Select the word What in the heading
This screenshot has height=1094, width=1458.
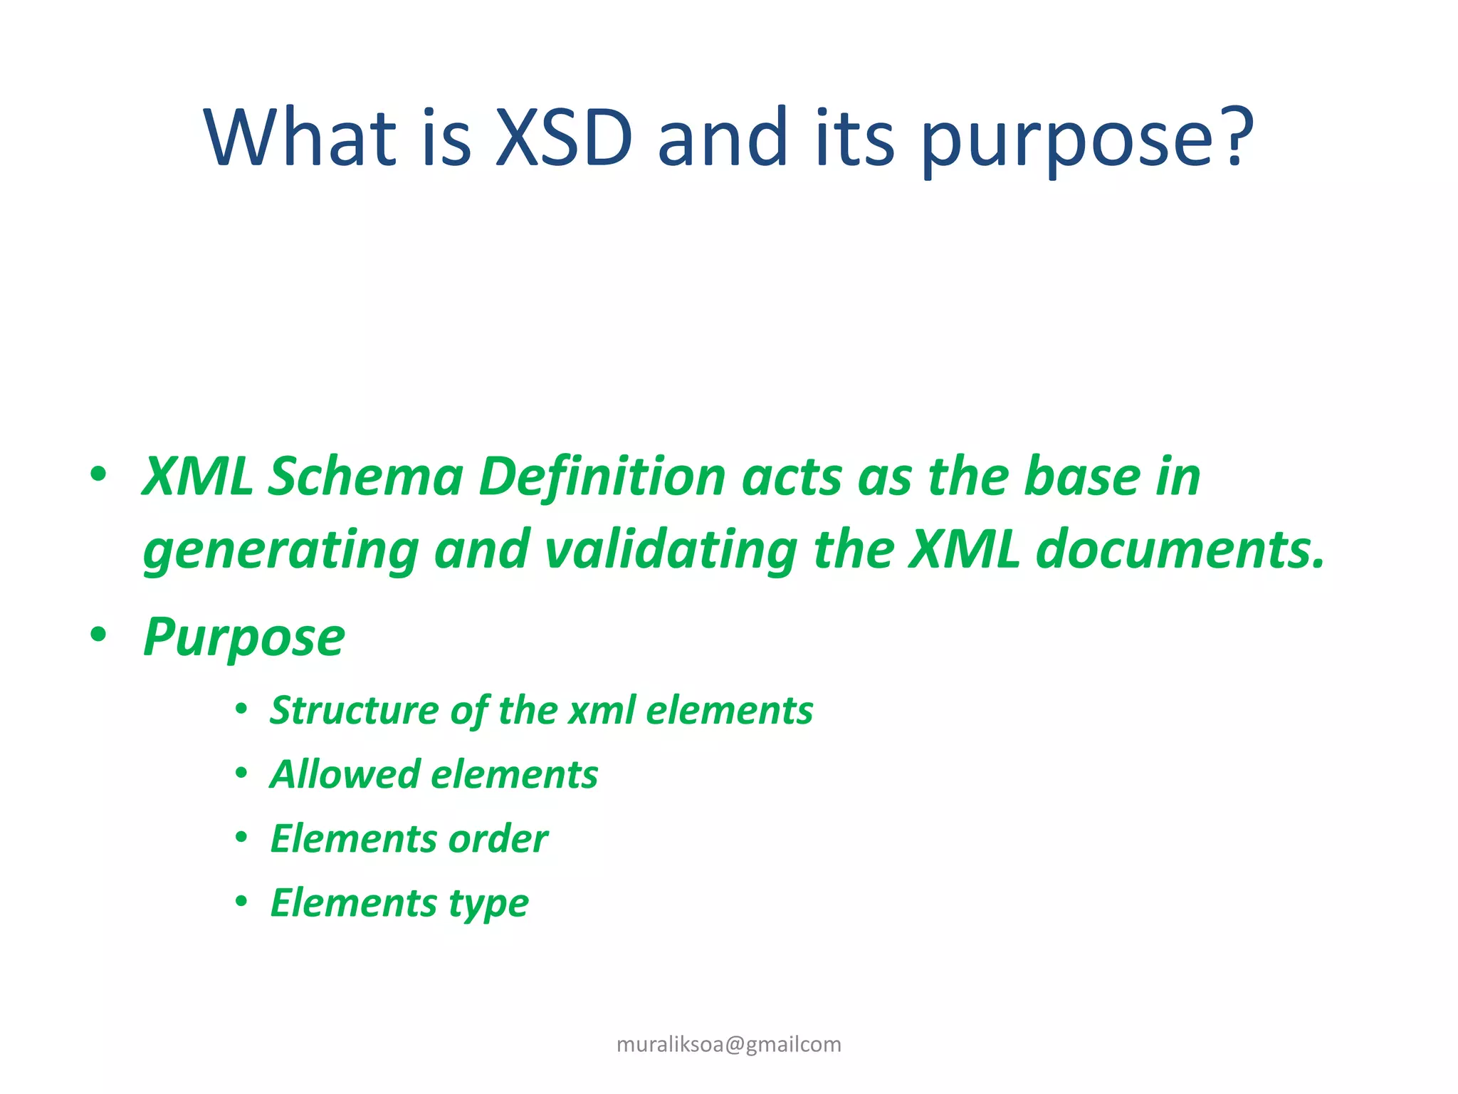pos(300,137)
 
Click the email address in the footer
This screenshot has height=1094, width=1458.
pos(728,1044)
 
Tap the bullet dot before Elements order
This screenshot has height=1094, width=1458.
pos(241,838)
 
